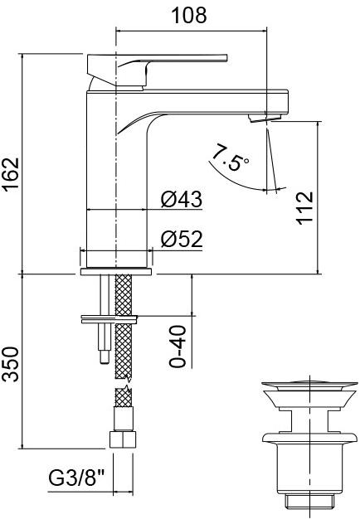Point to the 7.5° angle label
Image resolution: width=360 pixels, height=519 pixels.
(x=231, y=157)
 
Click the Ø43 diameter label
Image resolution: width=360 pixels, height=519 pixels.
(x=182, y=199)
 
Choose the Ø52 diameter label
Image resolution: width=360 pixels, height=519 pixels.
(x=182, y=239)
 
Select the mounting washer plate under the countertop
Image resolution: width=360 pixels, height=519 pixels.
(x=109, y=317)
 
